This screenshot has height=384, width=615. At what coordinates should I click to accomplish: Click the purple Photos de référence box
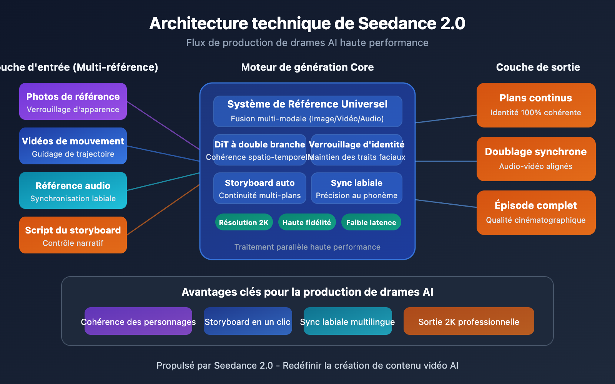point(73,101)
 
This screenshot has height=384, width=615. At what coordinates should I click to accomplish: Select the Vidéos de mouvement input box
point(73,146)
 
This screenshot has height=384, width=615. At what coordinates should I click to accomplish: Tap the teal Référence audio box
point(73,190)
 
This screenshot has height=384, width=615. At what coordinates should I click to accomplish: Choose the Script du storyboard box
point(73,235)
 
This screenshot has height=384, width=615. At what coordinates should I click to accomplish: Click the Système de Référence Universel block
point(307,111)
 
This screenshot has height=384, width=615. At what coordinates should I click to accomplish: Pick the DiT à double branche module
point(260,150)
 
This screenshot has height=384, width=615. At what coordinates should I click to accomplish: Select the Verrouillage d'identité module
point(357,150)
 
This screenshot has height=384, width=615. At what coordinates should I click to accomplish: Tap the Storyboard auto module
point(260,188)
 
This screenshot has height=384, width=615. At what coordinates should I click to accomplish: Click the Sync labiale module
point(357,188)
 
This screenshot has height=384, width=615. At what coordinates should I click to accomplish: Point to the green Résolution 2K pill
point(244,222)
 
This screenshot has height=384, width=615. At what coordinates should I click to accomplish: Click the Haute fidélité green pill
point(307,222)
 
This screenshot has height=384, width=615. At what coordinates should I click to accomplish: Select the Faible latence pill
point(371,222)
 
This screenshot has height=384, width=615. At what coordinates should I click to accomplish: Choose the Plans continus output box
point(536,105)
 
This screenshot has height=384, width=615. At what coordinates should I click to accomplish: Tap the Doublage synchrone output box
point(536,159)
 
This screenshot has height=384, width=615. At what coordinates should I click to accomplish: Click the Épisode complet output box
point(536,212)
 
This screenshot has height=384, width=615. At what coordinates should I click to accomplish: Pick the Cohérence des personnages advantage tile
point(138,321)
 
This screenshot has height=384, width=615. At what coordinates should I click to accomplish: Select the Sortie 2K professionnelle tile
point(469,321)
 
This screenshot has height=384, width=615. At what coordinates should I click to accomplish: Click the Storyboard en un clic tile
point(248,321)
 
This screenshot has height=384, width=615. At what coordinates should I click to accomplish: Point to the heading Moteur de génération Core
point(307,67)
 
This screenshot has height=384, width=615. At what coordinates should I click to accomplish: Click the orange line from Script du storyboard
point(163,210)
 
